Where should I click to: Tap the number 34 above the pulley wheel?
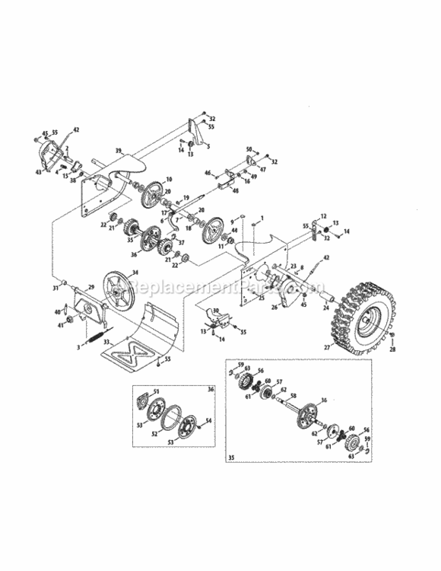[135, 273]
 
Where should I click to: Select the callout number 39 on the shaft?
[119, 152]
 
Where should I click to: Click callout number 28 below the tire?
[393, 349]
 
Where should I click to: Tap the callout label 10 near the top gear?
[169, 180]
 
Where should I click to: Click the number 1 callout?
[262, 219]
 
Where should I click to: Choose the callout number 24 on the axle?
[327, 310]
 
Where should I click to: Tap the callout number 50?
[249, 148]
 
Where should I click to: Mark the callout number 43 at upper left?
[37, 172]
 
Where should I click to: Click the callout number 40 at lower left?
[58, 312]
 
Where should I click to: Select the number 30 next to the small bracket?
[216, 311]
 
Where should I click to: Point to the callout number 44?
[235, 229]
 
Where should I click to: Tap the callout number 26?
[253, 308]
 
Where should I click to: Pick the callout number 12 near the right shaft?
[322, 216]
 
